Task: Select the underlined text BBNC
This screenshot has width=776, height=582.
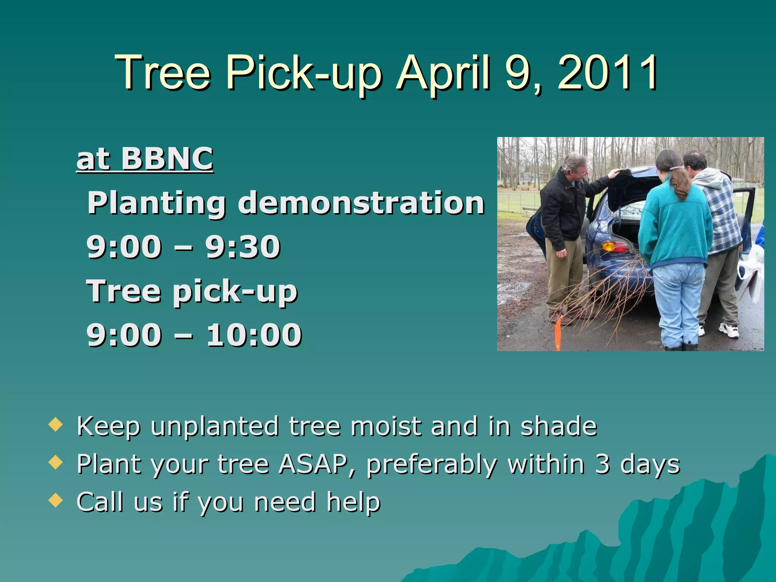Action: (x=167, y=158)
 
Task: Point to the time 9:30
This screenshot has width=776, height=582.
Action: (x=243, y=247)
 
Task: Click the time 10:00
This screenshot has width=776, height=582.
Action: (x=254, y=335)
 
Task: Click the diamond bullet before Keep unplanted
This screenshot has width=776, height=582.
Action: (x=56, y=425)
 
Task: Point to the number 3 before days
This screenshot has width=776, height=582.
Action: (x=602, y=464)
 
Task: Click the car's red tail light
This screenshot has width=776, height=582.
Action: (x=613, y=247)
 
